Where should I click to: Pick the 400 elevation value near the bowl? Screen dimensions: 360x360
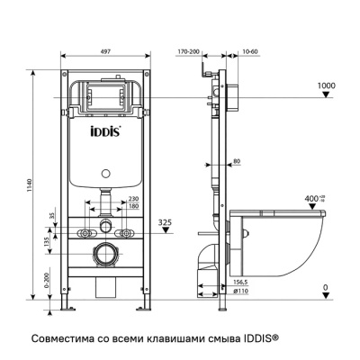314,197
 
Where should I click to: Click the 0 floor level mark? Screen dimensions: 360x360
325,288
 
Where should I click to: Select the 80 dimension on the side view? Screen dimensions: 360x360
236,162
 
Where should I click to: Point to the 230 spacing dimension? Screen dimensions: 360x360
132,199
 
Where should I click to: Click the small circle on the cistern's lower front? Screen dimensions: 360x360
104,171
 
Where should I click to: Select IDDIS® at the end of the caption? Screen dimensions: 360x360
261,338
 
